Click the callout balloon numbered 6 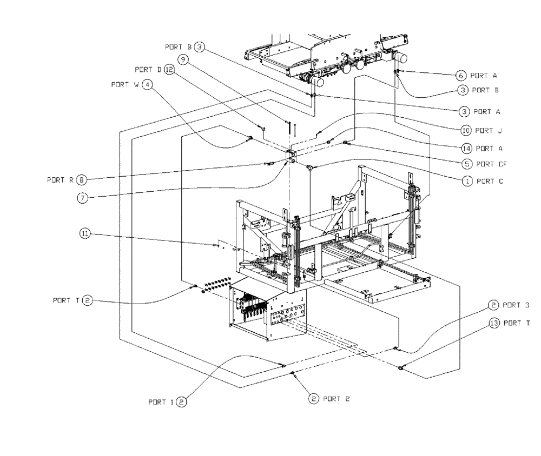click(x=461, y=75)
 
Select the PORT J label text click(x=489, y=130)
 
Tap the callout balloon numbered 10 click(x=465, y=130)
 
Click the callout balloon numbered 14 click(x=465, y=147)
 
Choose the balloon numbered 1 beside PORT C click(x=465, y=182)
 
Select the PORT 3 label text click(x=516, y=305)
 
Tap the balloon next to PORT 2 click(x=313, y=399)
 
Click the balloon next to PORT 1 click(x=182, y=401)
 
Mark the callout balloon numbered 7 click(x=81, y=198)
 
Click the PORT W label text click(x=126, y=85)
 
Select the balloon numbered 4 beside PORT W click(x=147, y=85)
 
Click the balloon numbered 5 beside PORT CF click(x=465, y=164)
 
